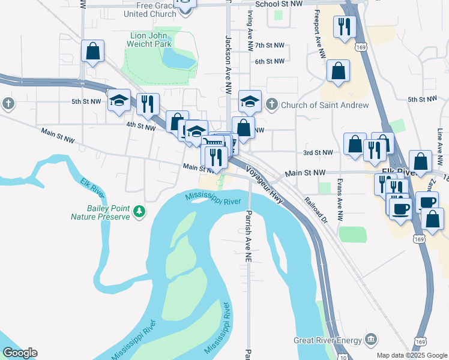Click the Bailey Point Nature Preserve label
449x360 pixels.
point(100,211)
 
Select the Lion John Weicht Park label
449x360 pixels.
point(151,39)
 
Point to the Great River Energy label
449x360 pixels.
point(327,340)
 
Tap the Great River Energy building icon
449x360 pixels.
point(371,340)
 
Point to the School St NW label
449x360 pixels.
point(279,4)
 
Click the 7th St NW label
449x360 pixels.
point(270,46)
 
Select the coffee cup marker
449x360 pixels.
point(401,208)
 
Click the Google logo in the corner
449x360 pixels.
point(19,353)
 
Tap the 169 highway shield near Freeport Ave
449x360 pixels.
point(360,46)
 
